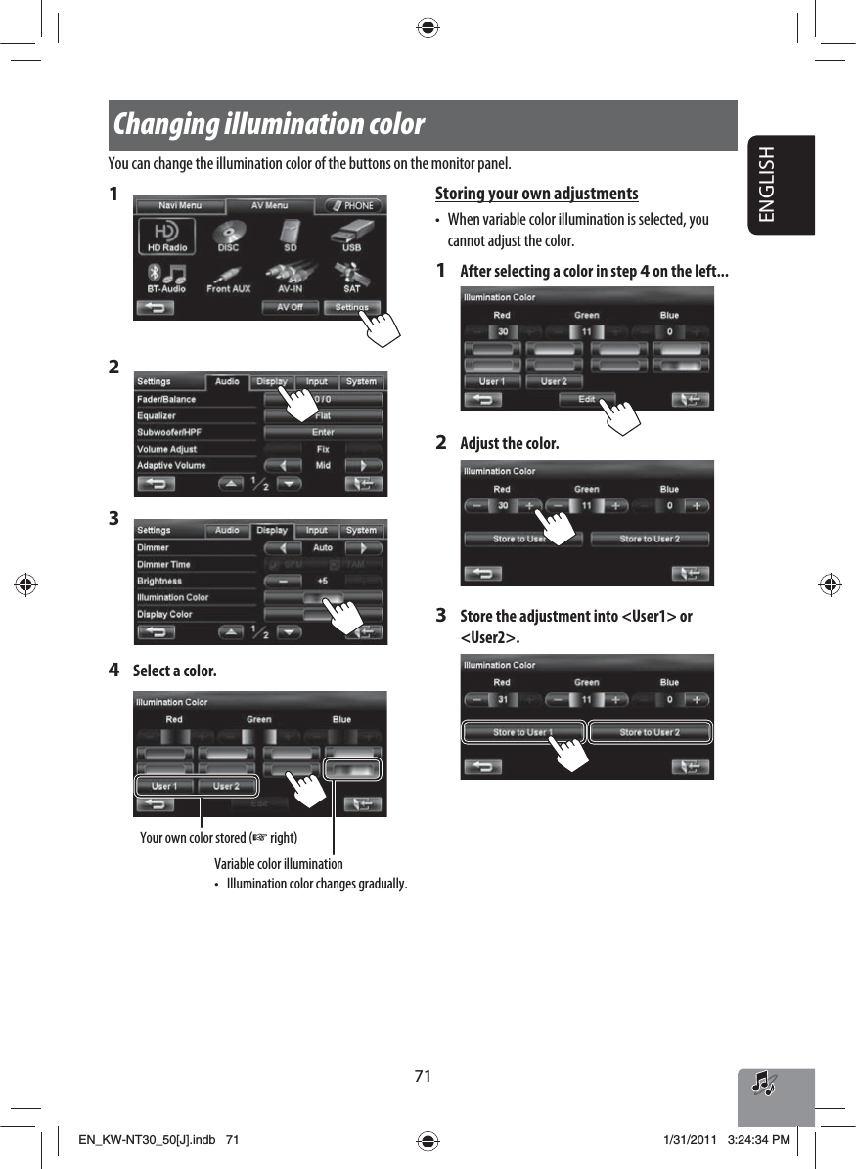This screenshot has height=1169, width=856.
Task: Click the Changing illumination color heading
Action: (269, 125)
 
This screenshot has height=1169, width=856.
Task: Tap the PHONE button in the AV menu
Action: (352, 206)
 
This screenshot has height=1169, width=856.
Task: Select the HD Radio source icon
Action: (165, 237)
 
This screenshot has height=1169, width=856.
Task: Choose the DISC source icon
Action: (228, 237)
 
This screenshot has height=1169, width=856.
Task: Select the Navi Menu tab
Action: (180, 206)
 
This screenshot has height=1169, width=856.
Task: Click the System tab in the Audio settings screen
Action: (361, 381)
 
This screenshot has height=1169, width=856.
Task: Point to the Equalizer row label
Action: (157, 415)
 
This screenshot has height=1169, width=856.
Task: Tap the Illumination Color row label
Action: (172, 597)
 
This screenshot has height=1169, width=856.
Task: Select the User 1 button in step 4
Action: (164, 786)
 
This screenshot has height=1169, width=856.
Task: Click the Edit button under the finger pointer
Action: (587, 399)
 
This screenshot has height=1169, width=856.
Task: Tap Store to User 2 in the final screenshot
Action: (650, 732)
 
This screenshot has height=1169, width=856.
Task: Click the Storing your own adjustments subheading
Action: (536, 194)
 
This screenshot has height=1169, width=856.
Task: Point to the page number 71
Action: (422, 1076)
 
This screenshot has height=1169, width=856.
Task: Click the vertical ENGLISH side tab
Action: (781, 185)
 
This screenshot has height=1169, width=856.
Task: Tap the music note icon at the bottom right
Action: (763, 1082)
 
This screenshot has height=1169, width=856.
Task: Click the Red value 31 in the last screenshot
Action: (503, 700)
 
